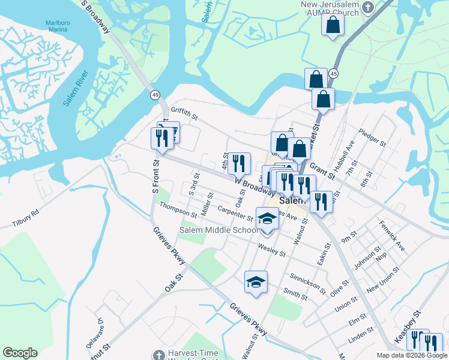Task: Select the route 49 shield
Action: click(x=155, y=95)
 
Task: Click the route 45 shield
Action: click(x=334, y=73)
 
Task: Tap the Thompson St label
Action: click(x=178, y=210)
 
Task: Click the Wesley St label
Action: click(x=271, y=249)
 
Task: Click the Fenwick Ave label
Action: click(x=392, y=236)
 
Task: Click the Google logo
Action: click(x=20, y=353)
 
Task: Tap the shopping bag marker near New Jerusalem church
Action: click(x=332, y=25)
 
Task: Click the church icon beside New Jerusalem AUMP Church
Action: click(x=369, y=7)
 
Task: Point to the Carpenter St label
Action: click(x=235, y=212)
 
